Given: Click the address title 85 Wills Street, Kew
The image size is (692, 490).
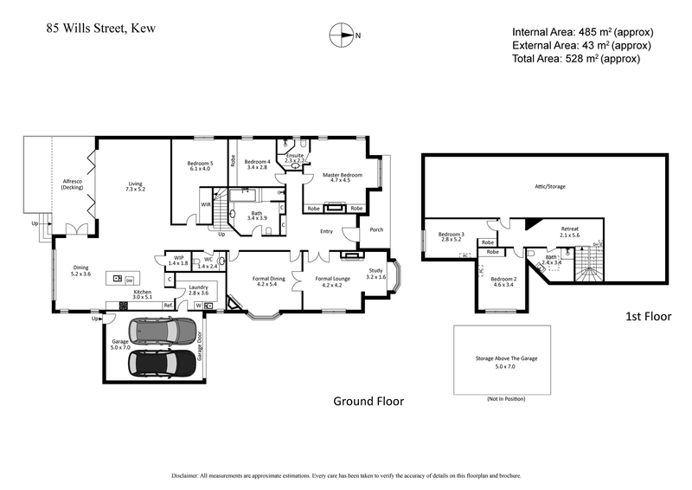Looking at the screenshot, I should coord(100,28).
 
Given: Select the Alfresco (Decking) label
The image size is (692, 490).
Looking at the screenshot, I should coord(72,185).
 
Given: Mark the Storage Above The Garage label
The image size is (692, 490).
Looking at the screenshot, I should coord(502,357).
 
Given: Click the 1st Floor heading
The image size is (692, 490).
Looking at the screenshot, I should coord(648,317).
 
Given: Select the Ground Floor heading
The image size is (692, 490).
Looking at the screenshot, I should coord(368,401).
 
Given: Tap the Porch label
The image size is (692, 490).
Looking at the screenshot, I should coord(376,230).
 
